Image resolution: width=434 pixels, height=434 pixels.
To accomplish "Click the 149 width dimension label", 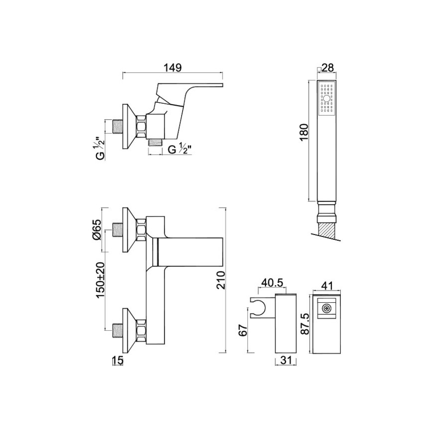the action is point(173,67).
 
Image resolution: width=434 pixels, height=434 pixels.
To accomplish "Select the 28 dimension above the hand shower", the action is point(328,67).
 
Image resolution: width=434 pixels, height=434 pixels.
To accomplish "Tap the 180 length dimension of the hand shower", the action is point(304,133).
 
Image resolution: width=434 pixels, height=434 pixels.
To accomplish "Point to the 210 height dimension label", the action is point(221,280).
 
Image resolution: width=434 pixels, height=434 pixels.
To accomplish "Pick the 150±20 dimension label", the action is point(100,280).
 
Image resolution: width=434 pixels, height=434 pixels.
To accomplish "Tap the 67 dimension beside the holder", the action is point(243,330).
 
